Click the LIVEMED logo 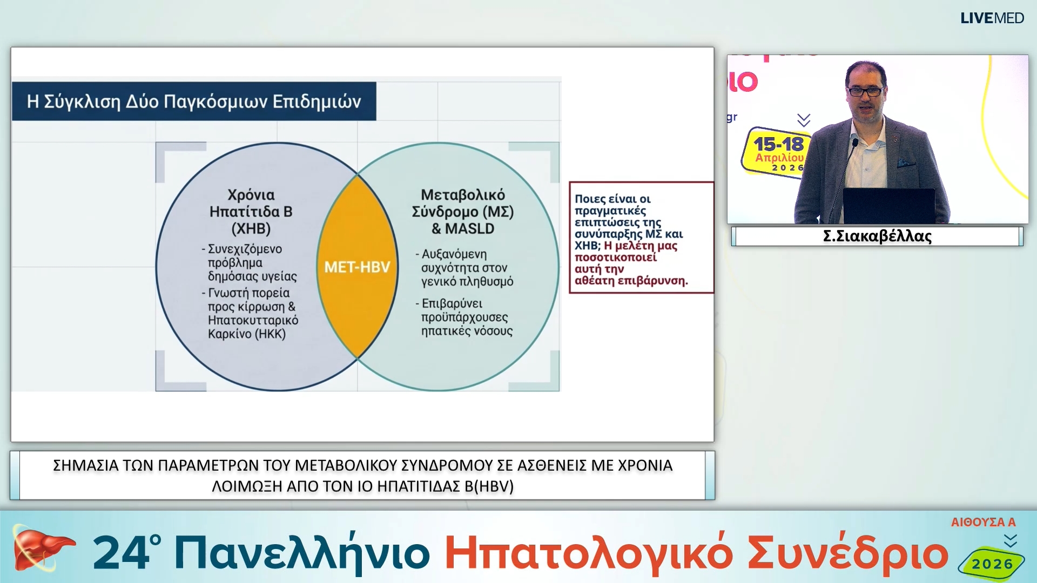(992, 18)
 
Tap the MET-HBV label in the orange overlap (357, 267)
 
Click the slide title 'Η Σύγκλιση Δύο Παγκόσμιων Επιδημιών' (194, 101)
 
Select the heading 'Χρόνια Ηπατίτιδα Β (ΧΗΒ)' (251, 212)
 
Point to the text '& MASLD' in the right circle (463, 229)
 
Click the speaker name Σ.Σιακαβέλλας (877, 236)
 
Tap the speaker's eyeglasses (866, 91)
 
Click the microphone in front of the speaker (855, 144)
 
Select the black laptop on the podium (889, 205)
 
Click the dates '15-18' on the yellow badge (778, 145)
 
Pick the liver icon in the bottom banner (41, 549)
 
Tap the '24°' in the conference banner (127, 553)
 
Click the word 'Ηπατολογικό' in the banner (589, 554)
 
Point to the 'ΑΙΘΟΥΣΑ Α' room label (983, 523)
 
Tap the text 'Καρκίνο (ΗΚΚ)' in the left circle (247, 334)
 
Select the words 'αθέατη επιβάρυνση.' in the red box (631, 281)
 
